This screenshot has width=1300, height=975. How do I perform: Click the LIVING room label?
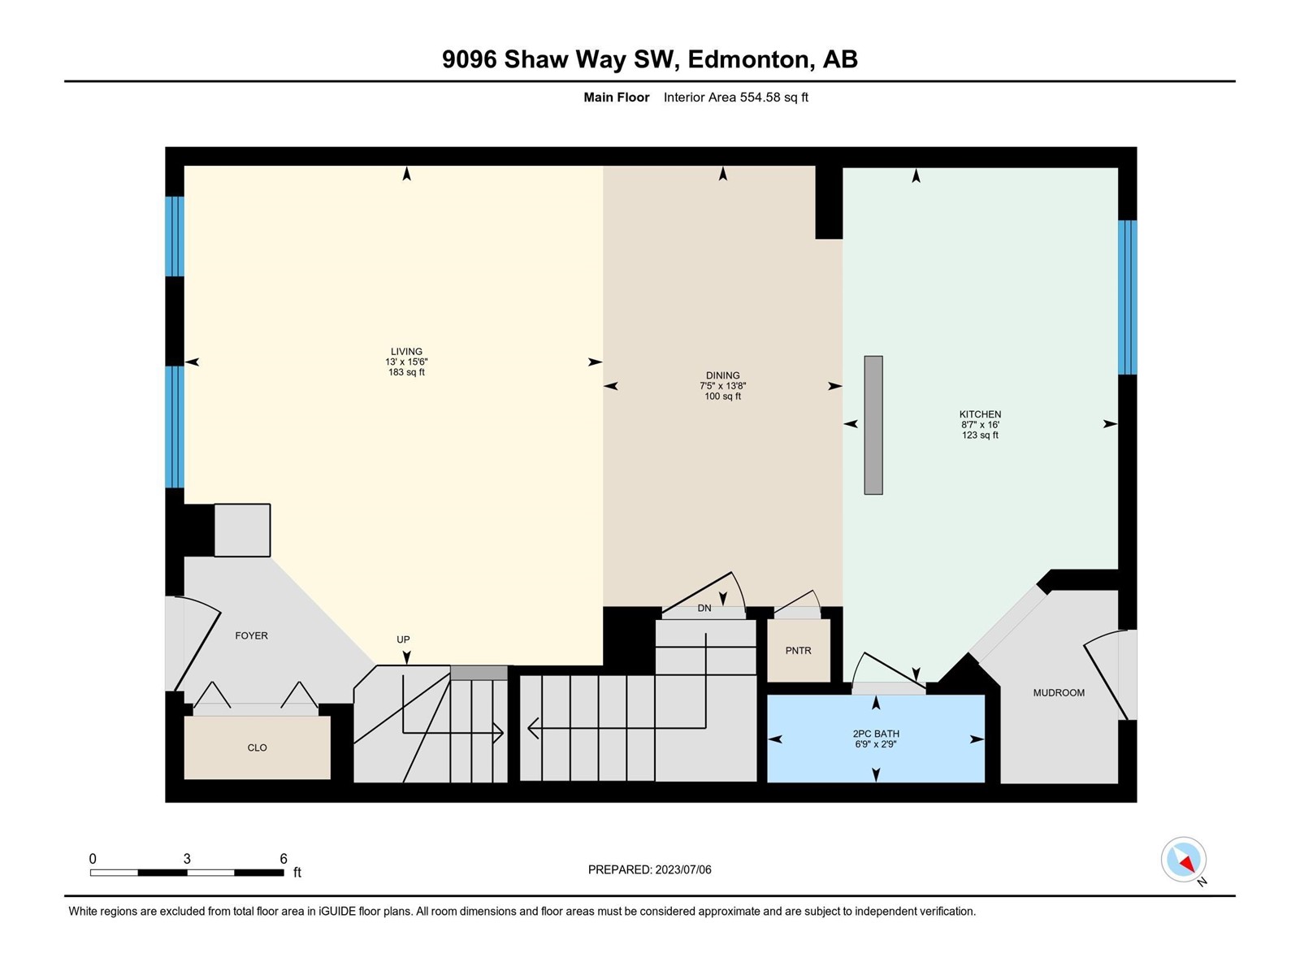[x=406, y=351]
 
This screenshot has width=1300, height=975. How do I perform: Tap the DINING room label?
[x=722, y=375]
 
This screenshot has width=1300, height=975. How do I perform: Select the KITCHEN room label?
[x=980, y=414]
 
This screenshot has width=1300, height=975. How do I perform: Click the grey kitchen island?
[x=873, y=425]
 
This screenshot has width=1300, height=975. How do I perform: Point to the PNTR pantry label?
[x=799, y=651]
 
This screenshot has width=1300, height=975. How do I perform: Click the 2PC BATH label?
[x=876, y=734]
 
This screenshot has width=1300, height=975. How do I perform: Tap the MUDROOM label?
[x=1059, y=692]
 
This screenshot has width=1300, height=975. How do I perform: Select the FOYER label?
[x=252, y=636]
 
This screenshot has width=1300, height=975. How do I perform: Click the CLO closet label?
[x=257, y=747]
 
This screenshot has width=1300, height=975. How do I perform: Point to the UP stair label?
[x=403, y=639]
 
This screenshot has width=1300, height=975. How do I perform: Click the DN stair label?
[x=704, y=608]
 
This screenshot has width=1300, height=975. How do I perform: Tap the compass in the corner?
[x=1183, y=860]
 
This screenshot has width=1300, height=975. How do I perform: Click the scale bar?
[x=187, y=873]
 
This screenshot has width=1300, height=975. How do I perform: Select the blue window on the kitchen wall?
[x=1127, y=297]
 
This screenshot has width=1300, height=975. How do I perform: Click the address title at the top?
[x=650, y=59]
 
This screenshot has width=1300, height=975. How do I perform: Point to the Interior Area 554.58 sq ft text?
[x=735, y=97]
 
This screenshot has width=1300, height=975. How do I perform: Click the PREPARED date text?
[x=650, y=869]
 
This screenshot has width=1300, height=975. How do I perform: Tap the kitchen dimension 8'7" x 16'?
[x=980, y=424]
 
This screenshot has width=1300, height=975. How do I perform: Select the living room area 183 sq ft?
[x=406, y=372]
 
